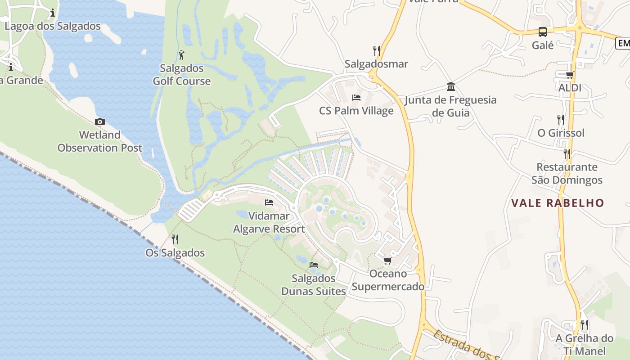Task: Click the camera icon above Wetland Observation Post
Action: tap(99, 121)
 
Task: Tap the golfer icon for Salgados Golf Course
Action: tap(181, 55)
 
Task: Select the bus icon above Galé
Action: tap(543, 32)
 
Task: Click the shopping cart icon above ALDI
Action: tap(570, 75)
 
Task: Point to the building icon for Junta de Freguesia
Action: tap(450, 86)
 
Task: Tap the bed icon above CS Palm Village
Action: tap(356, 98)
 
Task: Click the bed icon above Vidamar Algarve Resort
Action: tap(269, 202)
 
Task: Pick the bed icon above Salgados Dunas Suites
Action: tap(314, 265)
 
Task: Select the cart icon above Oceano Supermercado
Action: tap(387, 261)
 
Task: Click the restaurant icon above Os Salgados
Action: tap(175, 239)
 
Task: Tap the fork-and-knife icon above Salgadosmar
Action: tap(376, 50)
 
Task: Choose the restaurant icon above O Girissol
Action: tap(561, 120)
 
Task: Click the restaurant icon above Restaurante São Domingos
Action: tap(567, 154)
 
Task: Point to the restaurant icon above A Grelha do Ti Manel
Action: tap(584, 325)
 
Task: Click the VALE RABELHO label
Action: tap(558, 203)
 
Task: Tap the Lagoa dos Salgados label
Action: tap(53, 26)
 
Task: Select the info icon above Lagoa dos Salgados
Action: tap(53, 13)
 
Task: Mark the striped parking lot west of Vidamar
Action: tap(192, 210)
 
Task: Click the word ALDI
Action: tap(570, 88)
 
